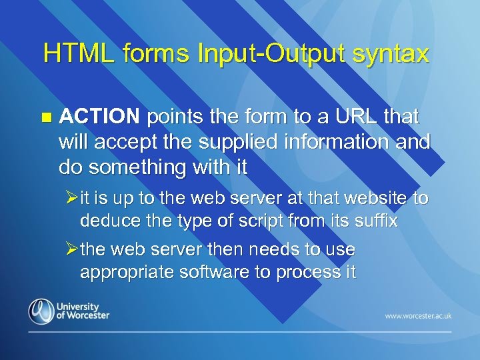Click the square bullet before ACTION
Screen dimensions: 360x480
[x=45, y=118]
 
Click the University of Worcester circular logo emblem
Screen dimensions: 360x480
[x=40, y=311]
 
